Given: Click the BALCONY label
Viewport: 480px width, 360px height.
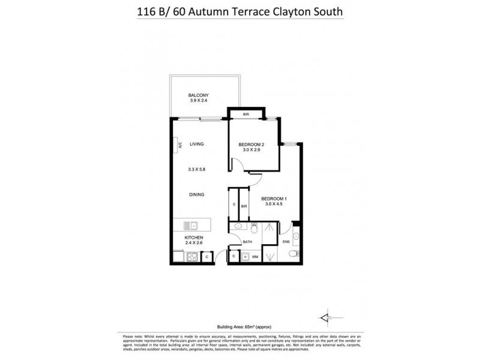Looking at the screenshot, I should (197, 96).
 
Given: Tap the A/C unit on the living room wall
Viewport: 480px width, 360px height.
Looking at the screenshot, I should (179, 145).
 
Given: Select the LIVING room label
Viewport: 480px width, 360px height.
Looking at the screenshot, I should (197, 145).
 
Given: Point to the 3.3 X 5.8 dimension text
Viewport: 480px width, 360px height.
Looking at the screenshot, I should (197, 170).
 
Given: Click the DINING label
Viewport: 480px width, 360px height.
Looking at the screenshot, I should (197, 194).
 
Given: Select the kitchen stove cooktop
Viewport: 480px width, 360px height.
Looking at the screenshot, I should (193, 257).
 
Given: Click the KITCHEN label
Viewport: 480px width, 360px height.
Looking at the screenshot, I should (194, 238).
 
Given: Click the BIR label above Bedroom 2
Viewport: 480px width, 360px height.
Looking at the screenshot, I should (246, 114).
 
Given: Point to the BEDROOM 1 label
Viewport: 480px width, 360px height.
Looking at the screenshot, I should (274, 199).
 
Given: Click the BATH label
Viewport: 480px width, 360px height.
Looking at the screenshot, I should (247, 242).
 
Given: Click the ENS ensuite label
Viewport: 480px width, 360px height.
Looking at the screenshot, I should (286, 242).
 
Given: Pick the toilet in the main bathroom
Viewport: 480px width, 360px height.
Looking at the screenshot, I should (254, 228).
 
